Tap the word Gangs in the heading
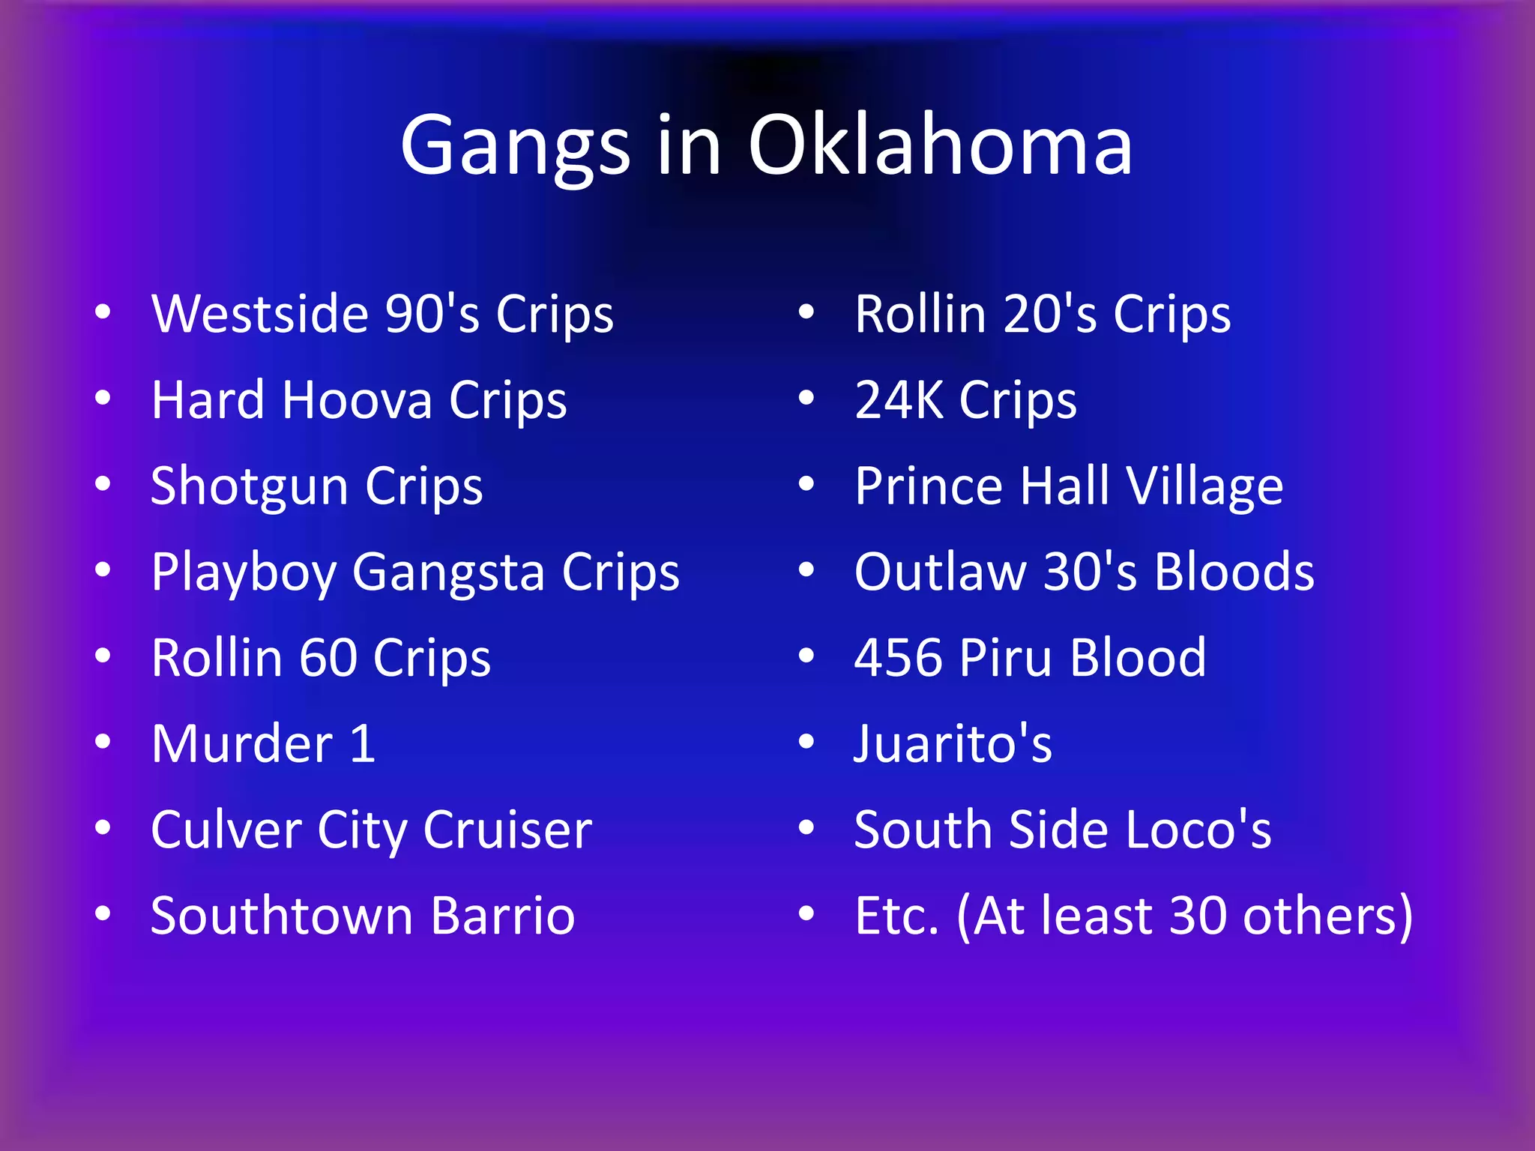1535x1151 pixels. pos(515,148)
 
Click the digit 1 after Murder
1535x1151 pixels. pos(362,744)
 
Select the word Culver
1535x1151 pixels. pos(226,830)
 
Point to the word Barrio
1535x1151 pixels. pos(503,916)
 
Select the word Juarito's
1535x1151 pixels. pos(953,744)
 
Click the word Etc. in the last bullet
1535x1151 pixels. pos(896,916)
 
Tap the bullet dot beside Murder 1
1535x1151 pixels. pos(103,743)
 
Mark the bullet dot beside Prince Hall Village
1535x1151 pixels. pos(806,485)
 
